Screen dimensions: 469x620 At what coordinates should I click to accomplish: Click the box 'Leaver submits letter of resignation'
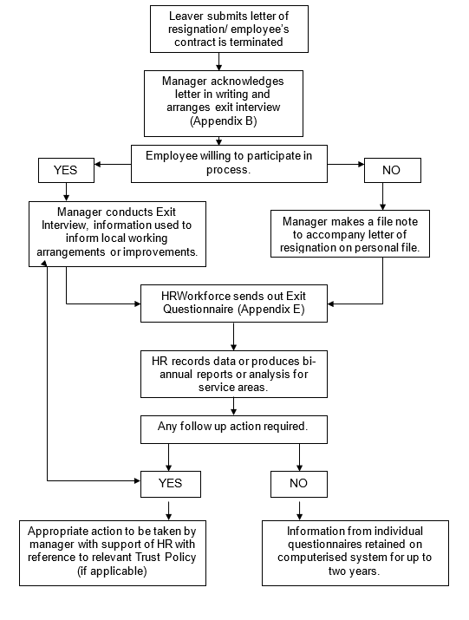click(229, 29)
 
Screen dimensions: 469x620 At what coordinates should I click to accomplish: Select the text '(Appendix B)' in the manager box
click(224, 121)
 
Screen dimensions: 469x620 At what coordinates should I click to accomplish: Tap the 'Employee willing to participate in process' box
click(229, 164)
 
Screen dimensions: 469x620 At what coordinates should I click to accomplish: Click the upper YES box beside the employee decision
click(66, 170)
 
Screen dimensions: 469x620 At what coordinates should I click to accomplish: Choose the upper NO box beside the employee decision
click(393, 170)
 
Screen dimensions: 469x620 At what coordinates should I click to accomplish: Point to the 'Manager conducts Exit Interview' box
click(117, 233)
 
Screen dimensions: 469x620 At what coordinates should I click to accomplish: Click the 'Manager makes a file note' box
click(350, 233)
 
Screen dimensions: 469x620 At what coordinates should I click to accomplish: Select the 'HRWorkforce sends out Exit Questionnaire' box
click(234, 303)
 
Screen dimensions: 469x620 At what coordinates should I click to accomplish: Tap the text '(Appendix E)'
click(271, 309)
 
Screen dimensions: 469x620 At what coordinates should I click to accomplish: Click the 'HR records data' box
click(234, 374)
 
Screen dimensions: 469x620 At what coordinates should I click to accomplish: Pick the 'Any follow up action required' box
click(234, 429)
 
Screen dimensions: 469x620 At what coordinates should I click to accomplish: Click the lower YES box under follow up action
click(171, 484)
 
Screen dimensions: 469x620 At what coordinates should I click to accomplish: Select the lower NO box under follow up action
click(299, 484)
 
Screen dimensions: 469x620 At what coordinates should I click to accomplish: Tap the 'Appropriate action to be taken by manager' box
click(113, 552)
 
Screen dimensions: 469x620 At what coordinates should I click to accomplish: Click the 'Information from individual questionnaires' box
click(355, 552)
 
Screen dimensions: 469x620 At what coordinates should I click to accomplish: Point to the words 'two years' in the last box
click(354, 571)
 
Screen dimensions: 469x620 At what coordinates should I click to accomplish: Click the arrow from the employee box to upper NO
click(346, 164)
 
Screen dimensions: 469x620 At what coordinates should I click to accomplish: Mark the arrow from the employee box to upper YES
click(113, 164)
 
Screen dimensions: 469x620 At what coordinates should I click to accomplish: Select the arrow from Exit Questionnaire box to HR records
click(234, 336)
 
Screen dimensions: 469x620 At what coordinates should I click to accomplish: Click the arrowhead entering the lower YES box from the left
click(137, 480)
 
